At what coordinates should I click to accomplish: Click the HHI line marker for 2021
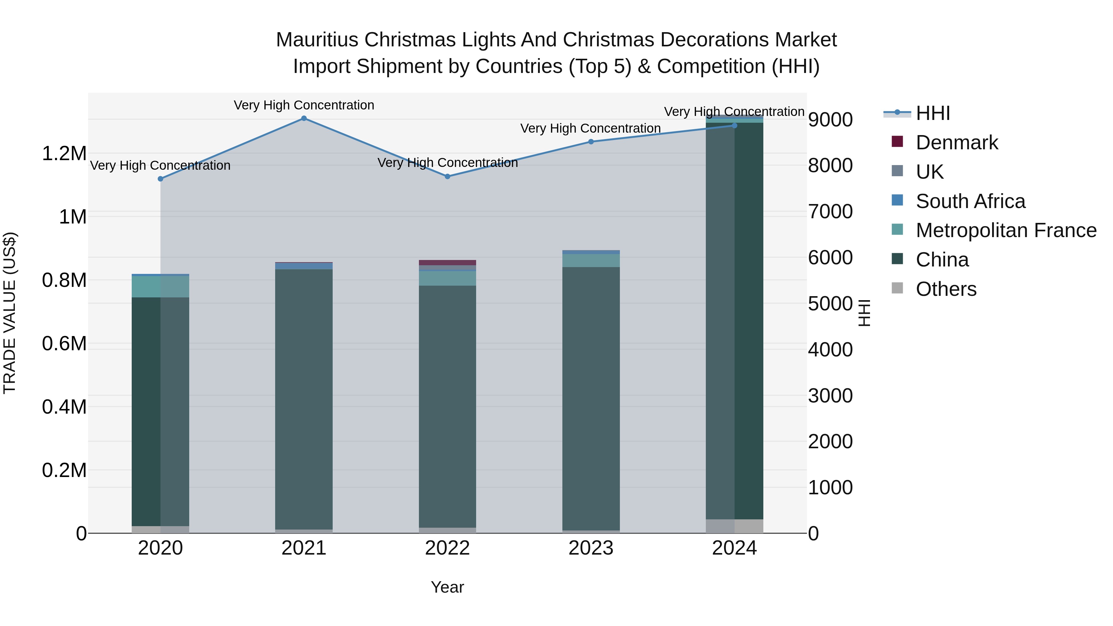(x=304, y=118)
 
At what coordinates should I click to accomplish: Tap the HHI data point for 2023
(x=591, y=142)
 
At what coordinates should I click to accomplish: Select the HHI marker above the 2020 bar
(x=160, y=179)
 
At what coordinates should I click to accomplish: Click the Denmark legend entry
(x=957, y=143)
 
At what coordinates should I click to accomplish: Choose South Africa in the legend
(x=970, y=201)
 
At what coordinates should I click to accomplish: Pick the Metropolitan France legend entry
(x=1006, y=230)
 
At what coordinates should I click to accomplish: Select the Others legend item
(x=946, y=289)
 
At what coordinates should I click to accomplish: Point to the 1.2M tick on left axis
(x=64, y=154)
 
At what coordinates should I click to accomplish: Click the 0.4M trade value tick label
(x=64, y=407)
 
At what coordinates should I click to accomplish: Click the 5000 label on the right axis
(x=830, y=304)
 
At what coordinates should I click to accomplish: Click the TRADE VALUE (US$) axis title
(x=10, y=313)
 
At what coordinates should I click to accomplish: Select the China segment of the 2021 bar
(x=304, y=398)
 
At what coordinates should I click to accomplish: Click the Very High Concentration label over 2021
(x=304, y=105)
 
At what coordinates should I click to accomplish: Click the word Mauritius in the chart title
(x=317, y=40)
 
